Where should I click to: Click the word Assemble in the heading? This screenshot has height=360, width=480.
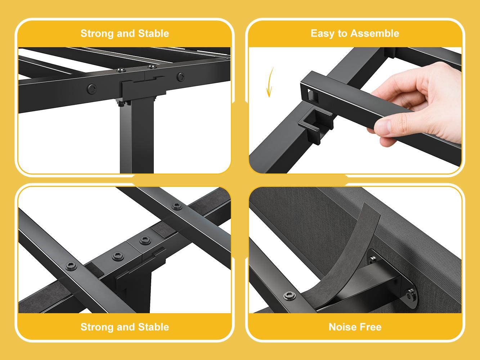coord(375,33)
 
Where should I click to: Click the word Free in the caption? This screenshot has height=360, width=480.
coord(371,327)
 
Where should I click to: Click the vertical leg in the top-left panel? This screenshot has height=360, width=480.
coord(137,136)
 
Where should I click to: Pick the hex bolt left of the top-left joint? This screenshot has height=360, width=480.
coord(92,89)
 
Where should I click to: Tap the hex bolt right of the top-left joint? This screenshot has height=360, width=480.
coord(181,77)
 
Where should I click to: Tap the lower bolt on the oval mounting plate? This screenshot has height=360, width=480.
coord(409,294)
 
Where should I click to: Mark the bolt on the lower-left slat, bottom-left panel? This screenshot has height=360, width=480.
coord(71,266)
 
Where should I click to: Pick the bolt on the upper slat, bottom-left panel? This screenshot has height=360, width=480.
coord(177,206)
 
